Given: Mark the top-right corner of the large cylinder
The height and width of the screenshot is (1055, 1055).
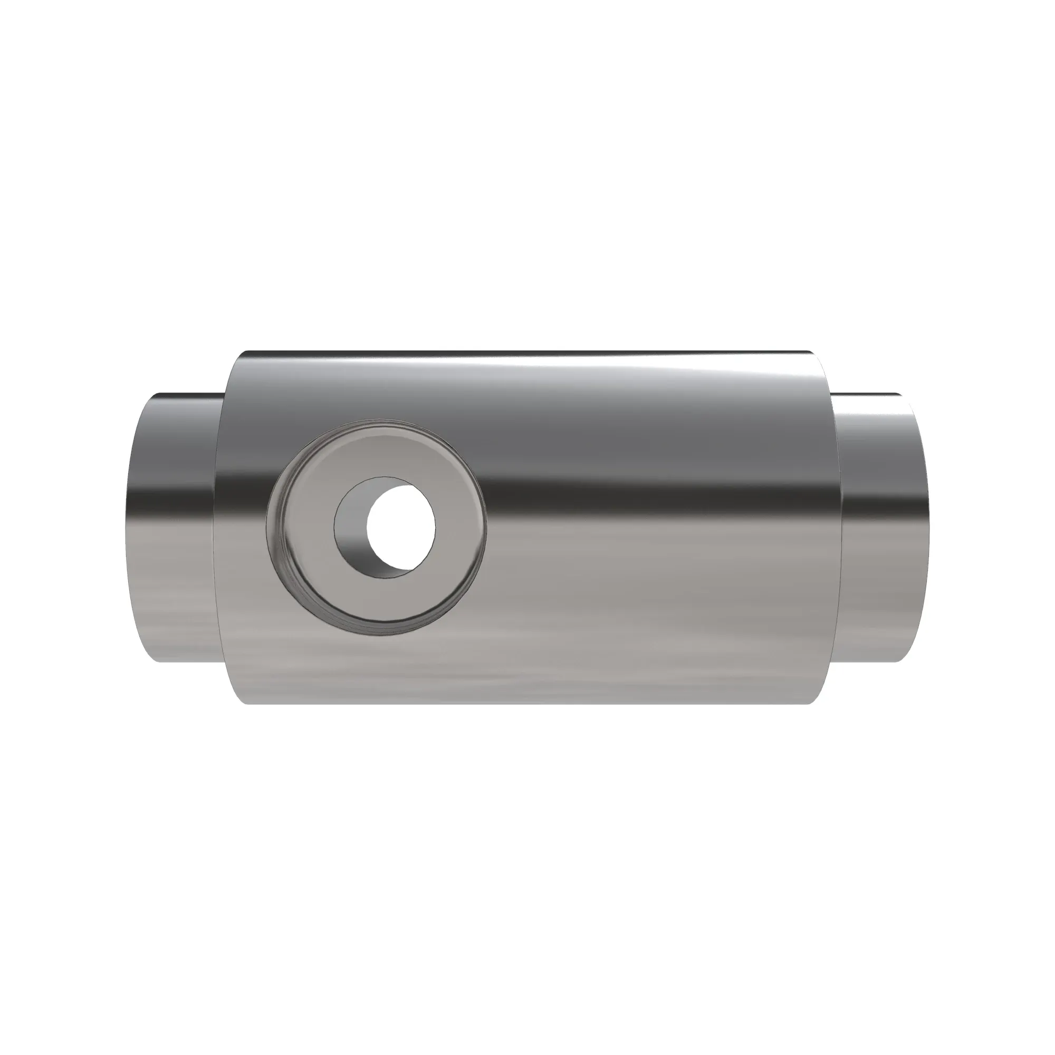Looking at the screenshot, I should (808, 353).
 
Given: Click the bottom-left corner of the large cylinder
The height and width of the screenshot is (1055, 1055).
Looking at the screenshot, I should (246, 703).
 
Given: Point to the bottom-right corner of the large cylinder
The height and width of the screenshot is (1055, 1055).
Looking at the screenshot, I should (808, 703).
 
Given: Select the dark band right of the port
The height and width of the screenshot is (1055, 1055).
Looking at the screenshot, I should (655, 492).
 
